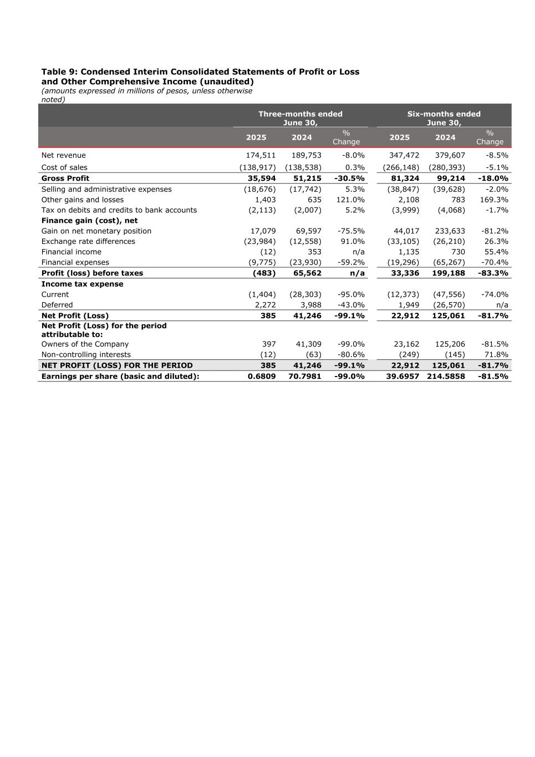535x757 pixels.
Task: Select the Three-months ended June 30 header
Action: tap(300, 118)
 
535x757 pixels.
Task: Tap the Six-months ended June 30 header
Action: tap(444, 118)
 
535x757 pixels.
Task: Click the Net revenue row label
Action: tap(64, 155)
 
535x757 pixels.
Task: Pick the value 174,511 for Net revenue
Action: tap(261, 155)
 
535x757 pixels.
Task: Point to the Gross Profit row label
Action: tap(65, 178)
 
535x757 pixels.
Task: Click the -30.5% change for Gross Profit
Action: tap(349, 178)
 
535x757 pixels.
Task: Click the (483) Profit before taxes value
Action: tap(264, 273)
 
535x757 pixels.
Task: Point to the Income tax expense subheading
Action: tap(82, 284)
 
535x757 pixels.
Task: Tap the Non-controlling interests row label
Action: tap(86, 354)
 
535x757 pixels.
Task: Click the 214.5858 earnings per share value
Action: tap(446, 376)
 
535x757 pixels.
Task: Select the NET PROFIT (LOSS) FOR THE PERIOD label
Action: tap(117, 365)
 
